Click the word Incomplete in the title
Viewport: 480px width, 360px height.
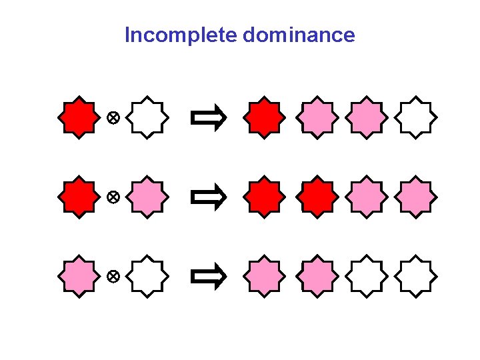(181, 35)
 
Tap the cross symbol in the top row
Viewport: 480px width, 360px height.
(113, 119)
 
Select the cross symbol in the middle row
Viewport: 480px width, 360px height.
(113, 197)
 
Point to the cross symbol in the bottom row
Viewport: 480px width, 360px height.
(113, 276)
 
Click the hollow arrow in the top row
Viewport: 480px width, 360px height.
(208, 119)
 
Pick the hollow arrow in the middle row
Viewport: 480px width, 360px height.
(208, 197)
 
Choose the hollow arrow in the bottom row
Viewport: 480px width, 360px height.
(208, 276)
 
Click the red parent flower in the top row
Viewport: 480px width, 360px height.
(79, 118)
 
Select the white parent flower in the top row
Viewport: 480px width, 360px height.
(147, 118)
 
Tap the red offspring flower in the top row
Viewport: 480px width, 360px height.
(264, 118)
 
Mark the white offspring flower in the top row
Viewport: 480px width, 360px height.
(416, 118)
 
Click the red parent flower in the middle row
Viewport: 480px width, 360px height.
(79, 197)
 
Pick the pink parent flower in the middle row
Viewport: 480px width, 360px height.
(147, 197)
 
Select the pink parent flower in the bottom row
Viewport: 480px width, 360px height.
(79, 275)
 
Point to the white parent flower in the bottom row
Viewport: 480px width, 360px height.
(147, 275)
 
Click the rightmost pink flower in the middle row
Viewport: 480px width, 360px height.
(416, 197)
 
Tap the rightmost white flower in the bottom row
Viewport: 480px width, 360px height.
(416, 275)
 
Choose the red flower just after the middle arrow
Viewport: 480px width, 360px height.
(264, 197)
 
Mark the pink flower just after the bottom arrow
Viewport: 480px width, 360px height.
(264, 275)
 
